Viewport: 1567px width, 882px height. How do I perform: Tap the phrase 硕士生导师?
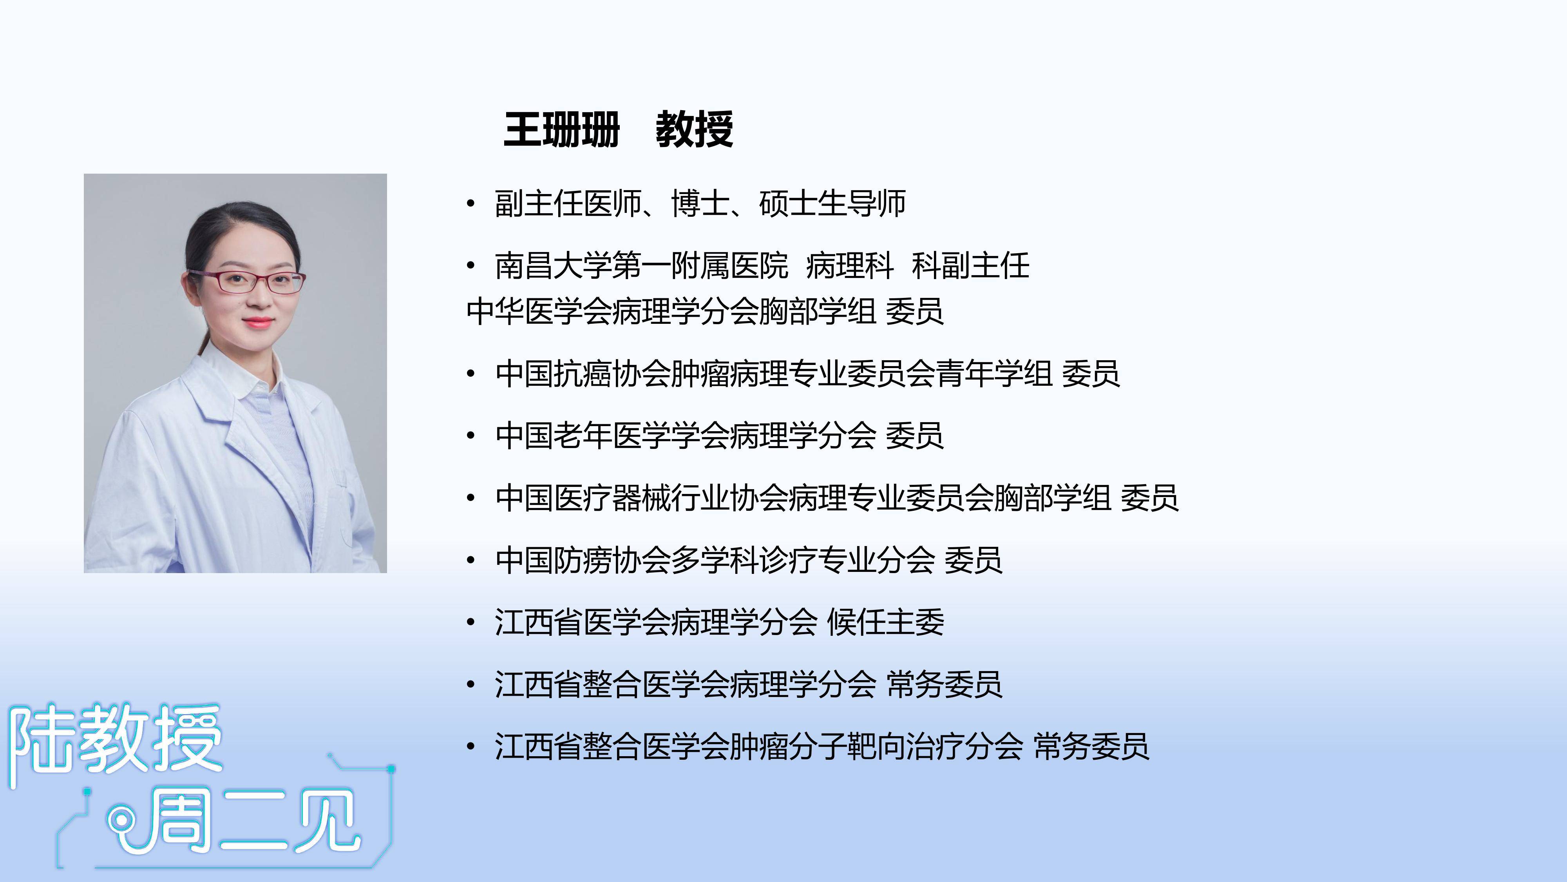click(x=832, y=203)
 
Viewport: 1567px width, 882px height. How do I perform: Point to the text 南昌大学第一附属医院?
click(x=641, y=266)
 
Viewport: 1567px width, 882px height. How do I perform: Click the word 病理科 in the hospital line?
click(x=850, y=266)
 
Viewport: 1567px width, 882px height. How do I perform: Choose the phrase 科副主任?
click(x=970, y=266)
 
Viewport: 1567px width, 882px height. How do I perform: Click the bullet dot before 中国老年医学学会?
click(x=470, y=436)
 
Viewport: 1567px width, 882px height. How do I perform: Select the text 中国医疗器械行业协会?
click(x=641, y=498)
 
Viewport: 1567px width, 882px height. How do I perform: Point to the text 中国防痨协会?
click(x=583, y=560)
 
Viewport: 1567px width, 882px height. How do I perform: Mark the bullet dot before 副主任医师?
click(x=470, y=204)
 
